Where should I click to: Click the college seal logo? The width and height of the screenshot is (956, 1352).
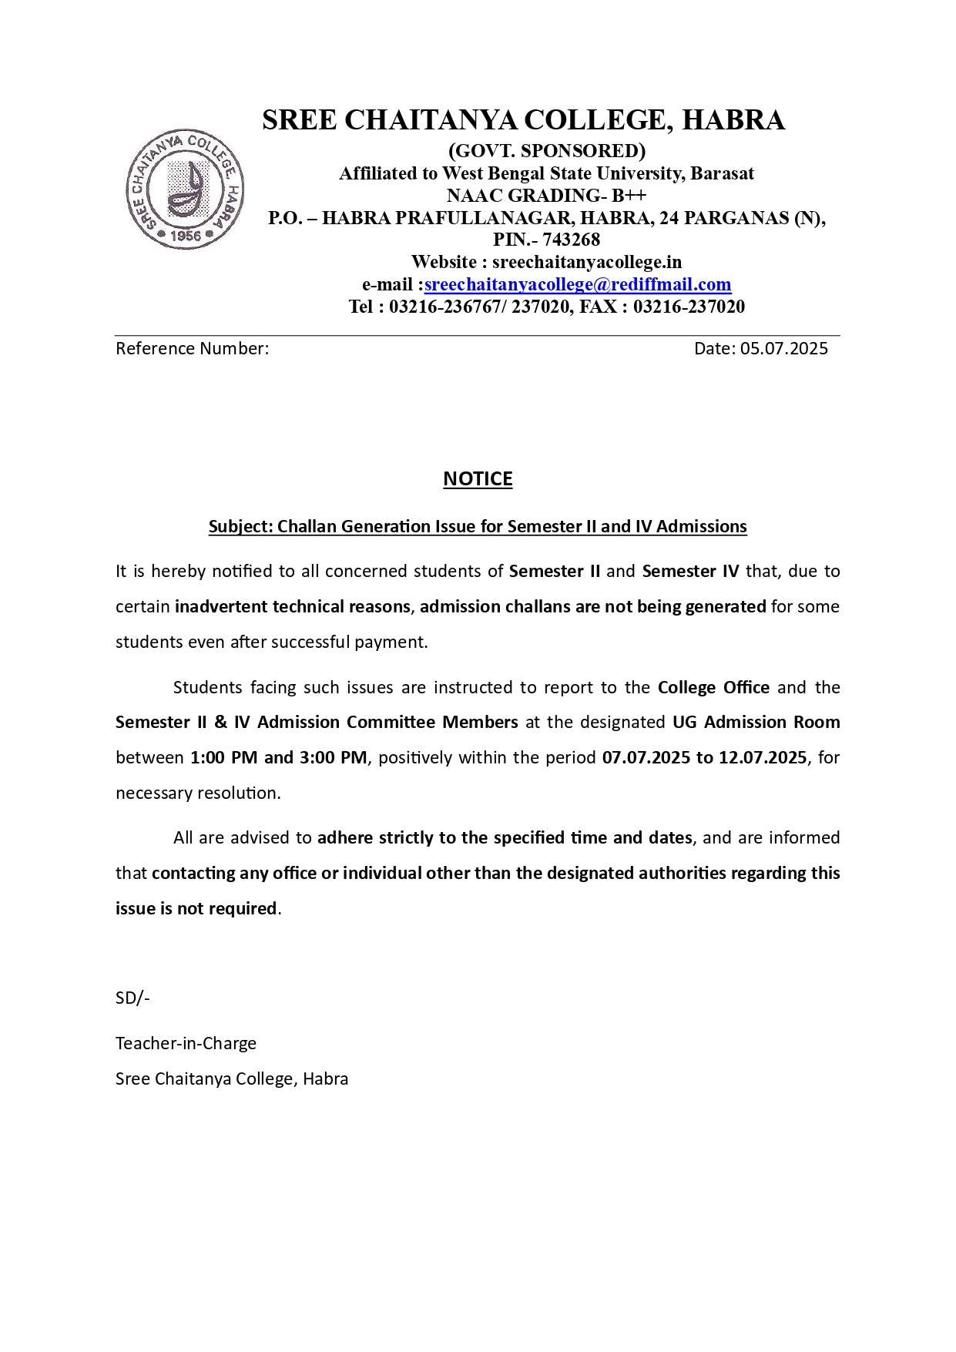[185, 189]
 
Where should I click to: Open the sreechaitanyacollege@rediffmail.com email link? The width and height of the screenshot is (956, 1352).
[577, 284]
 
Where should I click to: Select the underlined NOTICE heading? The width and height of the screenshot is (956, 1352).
[478, 479]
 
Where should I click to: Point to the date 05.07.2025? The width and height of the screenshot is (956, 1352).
[783, 348]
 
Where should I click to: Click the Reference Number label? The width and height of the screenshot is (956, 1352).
[192, 348]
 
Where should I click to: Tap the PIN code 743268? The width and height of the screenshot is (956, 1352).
[571, 240]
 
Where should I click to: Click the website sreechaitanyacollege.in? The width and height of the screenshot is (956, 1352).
[587, 262]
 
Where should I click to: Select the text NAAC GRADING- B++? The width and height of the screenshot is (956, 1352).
[546, 196]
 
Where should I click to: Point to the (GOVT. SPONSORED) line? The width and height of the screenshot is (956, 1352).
[546, 150]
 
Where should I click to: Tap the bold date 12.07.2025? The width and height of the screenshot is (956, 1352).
[763, 757]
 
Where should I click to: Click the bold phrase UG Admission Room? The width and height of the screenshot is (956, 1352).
[756, 722]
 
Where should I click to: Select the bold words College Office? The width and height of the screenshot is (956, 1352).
[713, 687]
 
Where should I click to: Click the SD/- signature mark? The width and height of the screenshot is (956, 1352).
[132, 998]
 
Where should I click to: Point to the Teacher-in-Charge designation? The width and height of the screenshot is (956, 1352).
[186, 1043]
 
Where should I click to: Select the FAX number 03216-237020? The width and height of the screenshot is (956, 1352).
[689, 307]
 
